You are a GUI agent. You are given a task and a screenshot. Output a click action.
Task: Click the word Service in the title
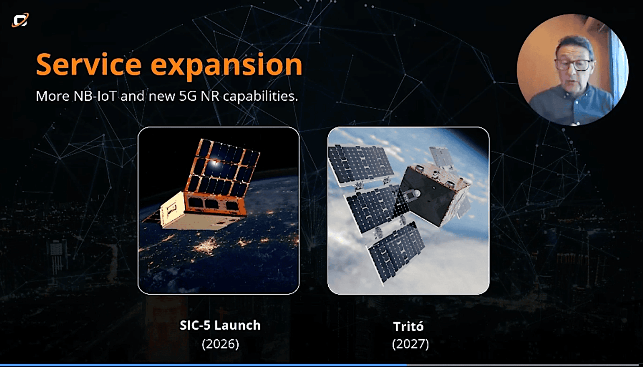click(x=88, y=64)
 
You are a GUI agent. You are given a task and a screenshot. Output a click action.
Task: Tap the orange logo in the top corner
click(x=20, y=20)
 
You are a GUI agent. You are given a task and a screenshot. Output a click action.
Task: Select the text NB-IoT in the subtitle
click(x=95, y=96)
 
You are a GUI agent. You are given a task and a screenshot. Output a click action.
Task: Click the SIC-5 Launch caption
click(x=220, y=325)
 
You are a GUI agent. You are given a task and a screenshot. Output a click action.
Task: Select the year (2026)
click(x=220, y=344)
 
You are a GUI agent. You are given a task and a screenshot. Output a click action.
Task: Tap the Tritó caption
click(x=408, y=326)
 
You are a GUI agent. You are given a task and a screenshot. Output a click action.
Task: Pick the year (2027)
click(x=410, y=344)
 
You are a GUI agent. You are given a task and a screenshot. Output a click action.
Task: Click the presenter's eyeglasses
click(x=573, y=65)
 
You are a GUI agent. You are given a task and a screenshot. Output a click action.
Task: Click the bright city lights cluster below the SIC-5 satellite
click(x=207, y=245)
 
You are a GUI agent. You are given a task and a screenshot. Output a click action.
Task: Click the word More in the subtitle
click(x=53, y=96)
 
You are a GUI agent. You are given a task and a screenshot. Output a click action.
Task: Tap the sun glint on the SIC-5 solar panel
click(x=215, y=162)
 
